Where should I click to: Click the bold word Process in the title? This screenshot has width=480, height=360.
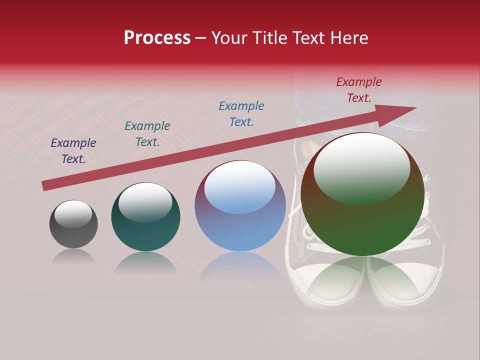coord(157,38)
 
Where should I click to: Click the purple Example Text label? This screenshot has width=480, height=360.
coord(73,151)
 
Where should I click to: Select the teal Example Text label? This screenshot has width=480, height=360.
coord(147,134)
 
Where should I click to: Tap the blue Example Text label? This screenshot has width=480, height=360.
coord(241,114)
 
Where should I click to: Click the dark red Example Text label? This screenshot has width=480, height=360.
coord(358,90)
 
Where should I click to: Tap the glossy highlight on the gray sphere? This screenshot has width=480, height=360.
coord(73,214)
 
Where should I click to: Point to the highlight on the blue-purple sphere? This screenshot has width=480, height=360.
coord(240,187)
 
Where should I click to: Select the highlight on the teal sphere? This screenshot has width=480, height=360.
coord(145,201)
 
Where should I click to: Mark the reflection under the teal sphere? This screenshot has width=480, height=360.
coord(145,262)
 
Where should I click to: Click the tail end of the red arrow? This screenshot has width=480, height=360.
coord(46,186)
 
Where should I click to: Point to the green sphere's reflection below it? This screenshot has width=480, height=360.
coord(362,280)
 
